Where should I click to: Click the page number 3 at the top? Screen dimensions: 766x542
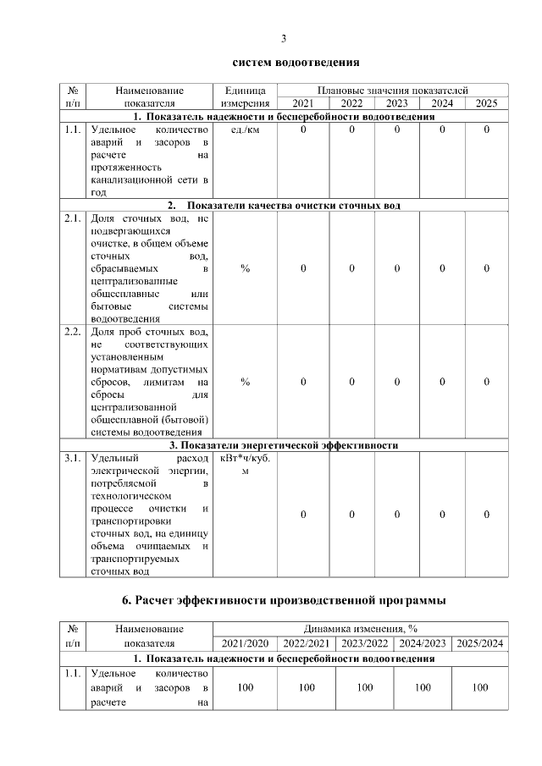pyautogui.click(x=284, y=38)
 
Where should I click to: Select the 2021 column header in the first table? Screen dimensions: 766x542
pyautogui.click(x=303, y=103)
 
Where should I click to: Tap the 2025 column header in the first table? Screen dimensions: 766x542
pyautogui.click(x=486, y=103)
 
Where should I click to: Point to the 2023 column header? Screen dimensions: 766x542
pyautogui.click(x=396, y=103)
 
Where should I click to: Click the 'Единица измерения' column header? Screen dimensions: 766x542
pyautogui.click(x=245, y=96)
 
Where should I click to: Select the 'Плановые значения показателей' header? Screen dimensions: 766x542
pyautogui.click(x=393, y=90)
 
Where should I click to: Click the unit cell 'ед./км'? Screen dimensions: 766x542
pyautogui.click(x=245, y=130)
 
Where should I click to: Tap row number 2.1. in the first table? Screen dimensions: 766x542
pyautogui.click(x=72, y=218)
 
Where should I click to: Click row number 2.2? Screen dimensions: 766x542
pyautogui.click(x=72, y=332)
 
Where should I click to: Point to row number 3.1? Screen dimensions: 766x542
pyautogui.click(x=72, y=458)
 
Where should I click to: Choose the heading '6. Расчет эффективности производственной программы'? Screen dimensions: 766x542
pyautogui.click(x=284, y=601)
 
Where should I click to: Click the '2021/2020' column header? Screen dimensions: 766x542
pyautogui.click(x=245, y=643)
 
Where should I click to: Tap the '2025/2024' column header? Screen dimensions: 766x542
pyautogui.click(x=479, y=643)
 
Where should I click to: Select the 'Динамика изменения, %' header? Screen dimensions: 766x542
pyautogui.click(x=362, y=630)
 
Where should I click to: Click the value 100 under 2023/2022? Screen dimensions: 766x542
pyautogui.click(x=364, y=687)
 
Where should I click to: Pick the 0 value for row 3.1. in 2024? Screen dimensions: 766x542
pyautogui.click(x=442, y=515)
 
